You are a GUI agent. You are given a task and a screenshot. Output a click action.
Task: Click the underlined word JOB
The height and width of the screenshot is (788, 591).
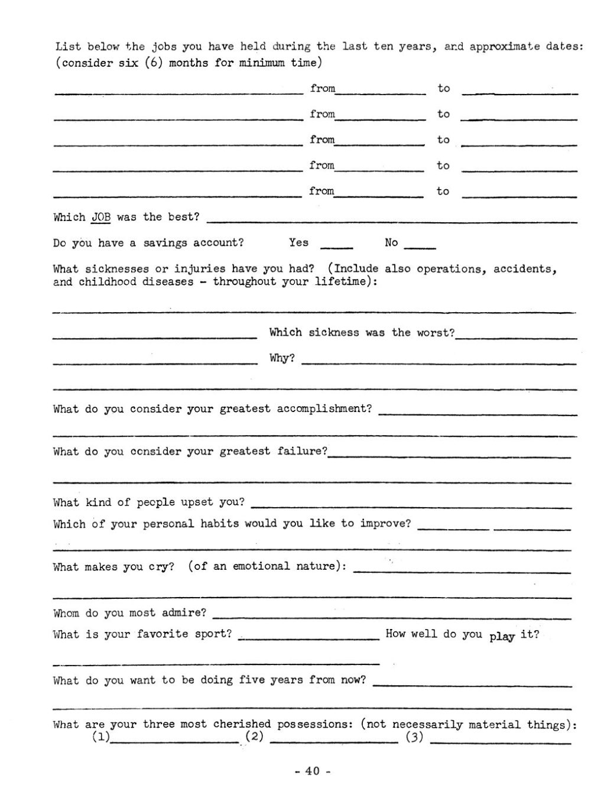click(x=101, y=217)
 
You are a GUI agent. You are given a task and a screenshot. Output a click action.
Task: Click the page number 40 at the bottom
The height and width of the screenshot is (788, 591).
click(x=313, y=771)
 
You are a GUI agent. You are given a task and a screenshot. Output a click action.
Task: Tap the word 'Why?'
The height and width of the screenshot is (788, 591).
click(x=282, y=358)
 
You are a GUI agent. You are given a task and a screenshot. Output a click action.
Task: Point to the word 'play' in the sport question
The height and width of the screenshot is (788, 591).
click(x=502, y=636)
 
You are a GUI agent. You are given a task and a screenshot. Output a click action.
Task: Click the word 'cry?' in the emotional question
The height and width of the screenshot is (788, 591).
click(x=161, y=566)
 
